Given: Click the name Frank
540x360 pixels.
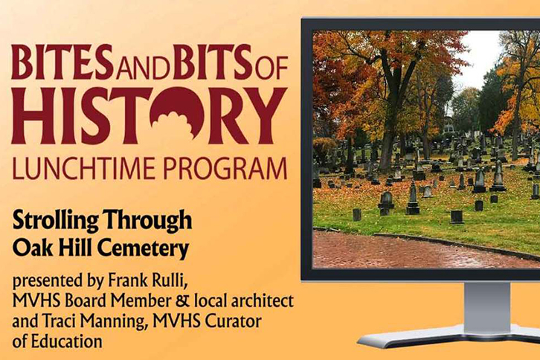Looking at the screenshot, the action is (x=123, y=281).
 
